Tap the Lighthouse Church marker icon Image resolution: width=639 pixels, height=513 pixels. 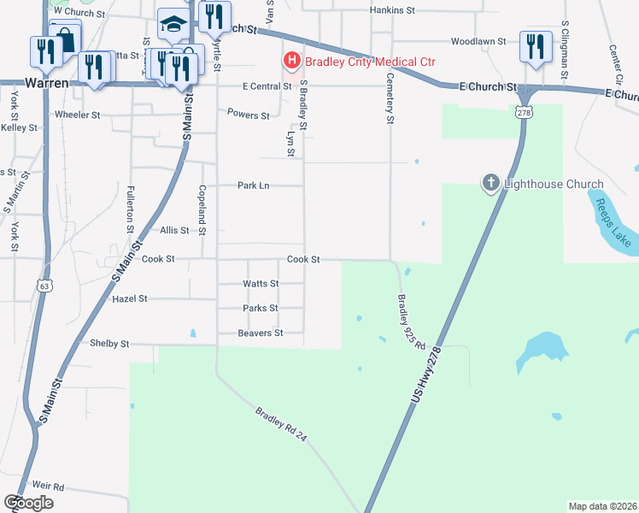point(491,183)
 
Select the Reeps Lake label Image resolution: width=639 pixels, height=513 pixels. point(613,221)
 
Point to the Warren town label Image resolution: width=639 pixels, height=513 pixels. point(46,84)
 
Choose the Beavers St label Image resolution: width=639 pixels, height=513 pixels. point(261,333)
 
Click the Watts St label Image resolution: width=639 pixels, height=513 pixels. point(261,283)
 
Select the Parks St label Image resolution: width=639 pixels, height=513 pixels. point(261,308)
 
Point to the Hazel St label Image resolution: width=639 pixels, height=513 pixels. point(131,299)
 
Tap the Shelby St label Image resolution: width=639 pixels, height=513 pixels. point(109,343)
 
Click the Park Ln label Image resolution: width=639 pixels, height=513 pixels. point(253,185)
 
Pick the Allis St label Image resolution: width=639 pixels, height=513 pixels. point(174,230)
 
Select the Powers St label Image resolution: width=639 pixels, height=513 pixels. point(249,114)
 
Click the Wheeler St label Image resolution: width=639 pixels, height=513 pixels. point(78,114)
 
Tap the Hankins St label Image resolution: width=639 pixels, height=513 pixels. point(392,11)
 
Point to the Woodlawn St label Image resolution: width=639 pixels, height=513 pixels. point(478,40)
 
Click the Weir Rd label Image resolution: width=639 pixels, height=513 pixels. point(46,486)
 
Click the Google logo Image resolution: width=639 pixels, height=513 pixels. point(28,503)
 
